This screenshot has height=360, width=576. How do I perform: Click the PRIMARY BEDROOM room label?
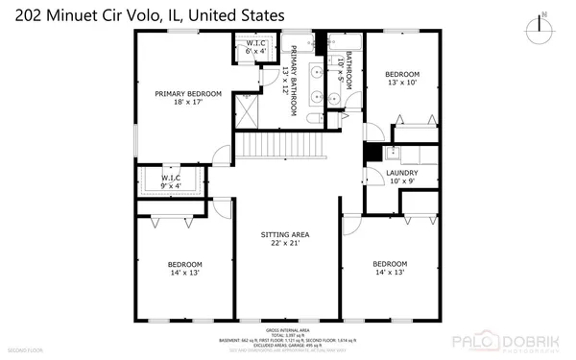click(x=188, y=93)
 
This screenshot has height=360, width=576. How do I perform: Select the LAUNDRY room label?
click(x=401, y=173)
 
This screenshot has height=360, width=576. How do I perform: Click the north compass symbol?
click(x=543, y=22)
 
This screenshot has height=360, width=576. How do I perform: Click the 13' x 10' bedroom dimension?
click(x=402, y=84)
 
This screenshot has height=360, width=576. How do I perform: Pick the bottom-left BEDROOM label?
click(x=185, y=264)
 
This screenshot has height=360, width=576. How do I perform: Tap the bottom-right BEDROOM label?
click(x=390, y=264)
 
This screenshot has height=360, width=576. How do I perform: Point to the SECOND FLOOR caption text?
click(x=21, y=352)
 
